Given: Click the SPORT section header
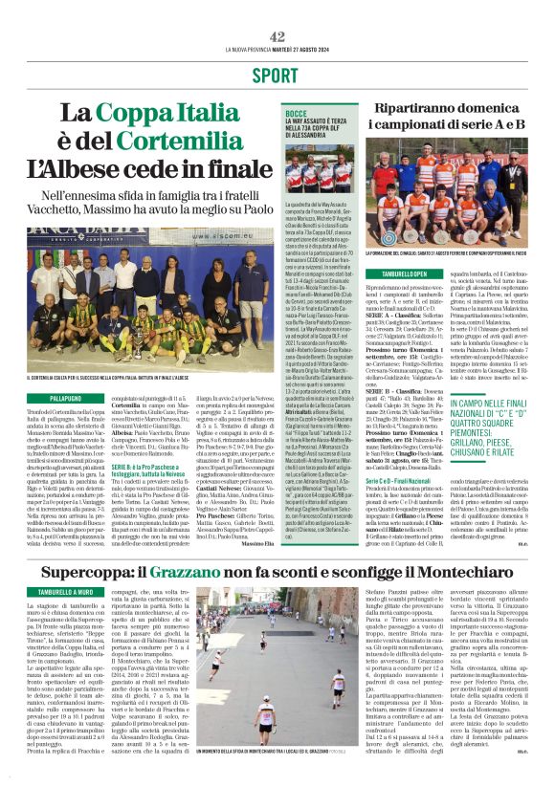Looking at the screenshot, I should [x=277, y=75].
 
